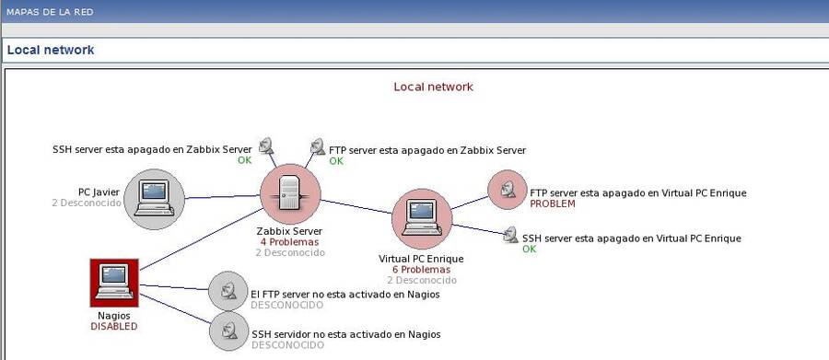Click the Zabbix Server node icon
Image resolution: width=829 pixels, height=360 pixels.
pyautogui.click(x=290, y=194)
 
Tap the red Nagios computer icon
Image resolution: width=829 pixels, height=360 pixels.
pyautogui.click(x=114, y=282)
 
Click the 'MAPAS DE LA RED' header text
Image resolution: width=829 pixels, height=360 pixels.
pyautogui.click(x=49, y=12)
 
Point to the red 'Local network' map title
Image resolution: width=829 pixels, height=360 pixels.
pyautogui.click(x=433, y=87)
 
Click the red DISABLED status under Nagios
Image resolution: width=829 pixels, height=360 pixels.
pyautogui.click(x=114, y=326)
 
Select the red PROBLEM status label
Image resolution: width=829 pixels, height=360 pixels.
pyautogui.click(x=553, y=203)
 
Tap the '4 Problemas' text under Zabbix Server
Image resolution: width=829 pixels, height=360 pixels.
pyautogui.click(x=290, y=241)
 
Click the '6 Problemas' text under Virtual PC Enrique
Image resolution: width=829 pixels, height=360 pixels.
pyautogui.click(x=421, y=270)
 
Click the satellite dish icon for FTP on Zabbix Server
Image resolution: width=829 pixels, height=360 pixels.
pyautogui.click(x=318, y=145)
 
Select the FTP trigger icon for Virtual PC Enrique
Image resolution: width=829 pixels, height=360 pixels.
pyautogui.click(x=506, y=191)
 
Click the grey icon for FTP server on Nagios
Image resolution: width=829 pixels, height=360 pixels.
pyautogui.click(x=228, y=291)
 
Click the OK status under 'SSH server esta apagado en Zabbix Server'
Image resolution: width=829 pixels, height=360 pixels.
pyautogui.click(x=244, y=160)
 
